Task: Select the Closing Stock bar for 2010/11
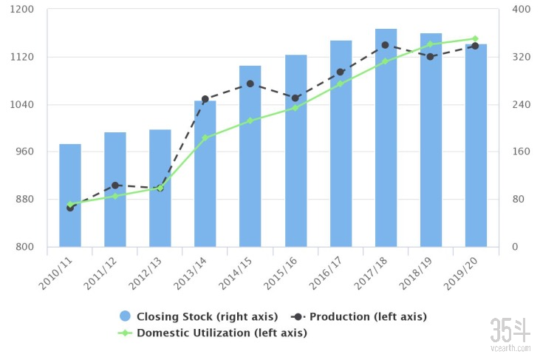tap(70, 195)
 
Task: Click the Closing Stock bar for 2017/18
tap(386, 137)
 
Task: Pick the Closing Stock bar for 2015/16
tap(295, 151)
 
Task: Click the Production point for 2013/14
tap(205, 99)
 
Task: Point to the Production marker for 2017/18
tap(386, 45)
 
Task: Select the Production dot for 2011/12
tap(115, 186)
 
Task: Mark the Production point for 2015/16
tap(295, 98)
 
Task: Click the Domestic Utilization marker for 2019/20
tap(476, 38)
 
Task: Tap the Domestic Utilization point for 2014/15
tap(250, 120)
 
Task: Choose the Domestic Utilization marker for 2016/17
tap(341, 84)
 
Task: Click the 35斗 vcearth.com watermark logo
tap(510, 334)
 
